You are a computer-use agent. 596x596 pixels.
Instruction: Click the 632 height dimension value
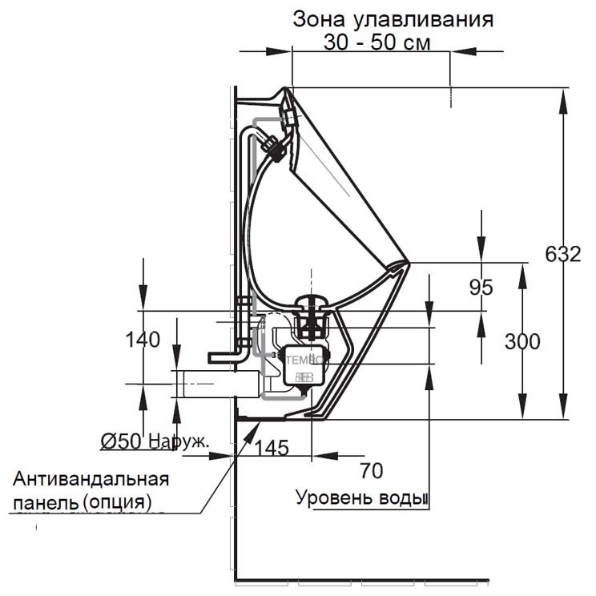pos(563,255)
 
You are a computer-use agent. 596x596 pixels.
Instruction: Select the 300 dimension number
pos(522,341)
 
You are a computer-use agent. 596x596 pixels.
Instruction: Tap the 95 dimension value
pos(481,287)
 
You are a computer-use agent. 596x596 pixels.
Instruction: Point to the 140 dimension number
pos(143,339)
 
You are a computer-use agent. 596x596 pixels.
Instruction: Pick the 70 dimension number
pos(372,469)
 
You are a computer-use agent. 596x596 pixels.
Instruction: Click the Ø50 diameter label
pos(123,440)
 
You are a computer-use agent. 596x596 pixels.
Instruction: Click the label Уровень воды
pos(359,498)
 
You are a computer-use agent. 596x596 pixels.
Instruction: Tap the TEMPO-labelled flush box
pos(304,363)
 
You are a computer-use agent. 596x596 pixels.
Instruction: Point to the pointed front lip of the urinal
pos(406,262)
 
